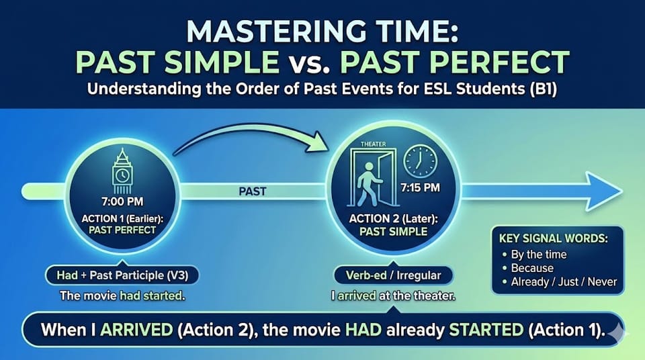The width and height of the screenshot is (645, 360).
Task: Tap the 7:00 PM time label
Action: point(122,200)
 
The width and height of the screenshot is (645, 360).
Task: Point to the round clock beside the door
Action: point(420,161)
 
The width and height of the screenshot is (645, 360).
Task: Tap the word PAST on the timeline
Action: point(252,191)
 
